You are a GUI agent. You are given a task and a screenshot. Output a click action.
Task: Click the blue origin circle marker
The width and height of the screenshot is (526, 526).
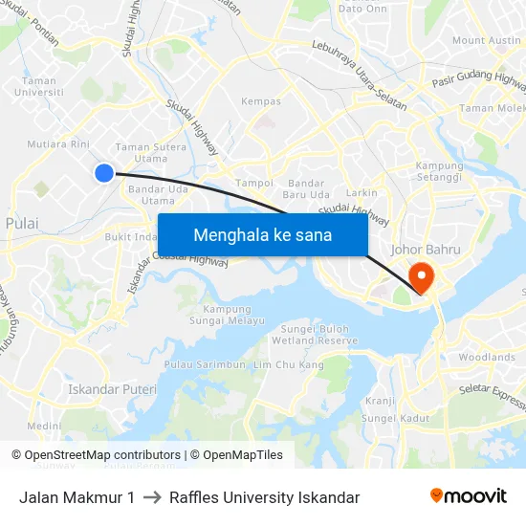tap(104, 172)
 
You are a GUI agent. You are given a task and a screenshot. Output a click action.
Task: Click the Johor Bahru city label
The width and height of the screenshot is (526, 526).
tap(427, 250)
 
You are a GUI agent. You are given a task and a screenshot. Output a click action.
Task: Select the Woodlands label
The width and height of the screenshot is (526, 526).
tap(487, 358)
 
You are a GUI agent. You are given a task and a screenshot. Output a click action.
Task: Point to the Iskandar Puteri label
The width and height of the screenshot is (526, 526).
tap(112, 390)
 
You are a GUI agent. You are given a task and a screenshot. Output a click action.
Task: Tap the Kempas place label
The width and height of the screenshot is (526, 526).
tap(261, 101)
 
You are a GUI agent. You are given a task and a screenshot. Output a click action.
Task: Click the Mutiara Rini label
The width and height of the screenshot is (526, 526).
tap(57, 145)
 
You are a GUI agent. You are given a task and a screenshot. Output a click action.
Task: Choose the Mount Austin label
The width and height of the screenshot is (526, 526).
tap(487, 40)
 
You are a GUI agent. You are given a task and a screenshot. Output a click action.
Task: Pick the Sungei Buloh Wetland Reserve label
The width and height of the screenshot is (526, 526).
tap(315, 335)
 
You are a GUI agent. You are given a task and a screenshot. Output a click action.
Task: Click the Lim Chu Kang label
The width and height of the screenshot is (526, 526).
tap(283, 365)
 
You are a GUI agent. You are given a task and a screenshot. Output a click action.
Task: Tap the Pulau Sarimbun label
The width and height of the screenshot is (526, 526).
tap(206, 365)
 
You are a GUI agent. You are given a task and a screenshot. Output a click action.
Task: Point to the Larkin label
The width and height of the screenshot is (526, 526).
tap(362, 193)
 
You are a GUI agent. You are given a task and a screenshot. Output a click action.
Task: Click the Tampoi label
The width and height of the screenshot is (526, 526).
tap(254, 183)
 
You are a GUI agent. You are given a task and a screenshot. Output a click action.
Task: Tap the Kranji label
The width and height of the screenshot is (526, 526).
tap(380, 402)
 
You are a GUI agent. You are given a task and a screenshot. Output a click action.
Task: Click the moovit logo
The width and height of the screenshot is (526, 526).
tap(468, 496)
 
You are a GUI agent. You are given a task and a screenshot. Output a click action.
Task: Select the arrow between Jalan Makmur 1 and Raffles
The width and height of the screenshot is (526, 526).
tap(152, 497)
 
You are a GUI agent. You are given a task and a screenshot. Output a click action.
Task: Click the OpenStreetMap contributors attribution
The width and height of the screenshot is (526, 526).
tap(96, 455)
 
